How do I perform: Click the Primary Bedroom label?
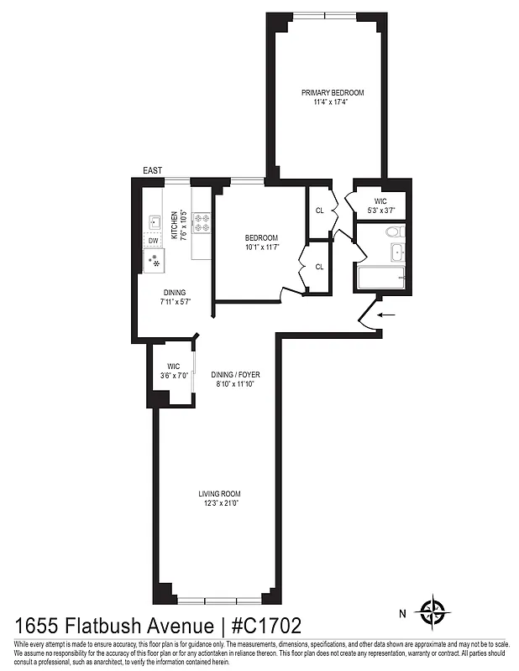coord(328,92)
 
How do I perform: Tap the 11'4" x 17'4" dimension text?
coord(328,102)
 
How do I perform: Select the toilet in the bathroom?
coord(394,232)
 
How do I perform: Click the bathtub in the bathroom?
coord(382,278)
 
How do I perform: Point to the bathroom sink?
coord(396,252)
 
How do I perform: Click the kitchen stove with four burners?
coord(202,222)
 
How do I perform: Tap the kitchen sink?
coord(155,222)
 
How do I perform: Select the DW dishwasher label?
coord(153,242)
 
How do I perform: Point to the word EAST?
coord(152,171)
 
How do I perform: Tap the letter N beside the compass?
coord(403,614)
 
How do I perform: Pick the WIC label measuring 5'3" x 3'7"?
coord(380,205)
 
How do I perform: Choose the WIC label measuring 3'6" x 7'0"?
coord(173,371)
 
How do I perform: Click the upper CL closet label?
coord(319,211)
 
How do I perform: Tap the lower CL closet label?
coord(319,267)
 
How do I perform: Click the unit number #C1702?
coord(260,626)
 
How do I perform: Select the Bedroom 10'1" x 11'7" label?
coord(260,242)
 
